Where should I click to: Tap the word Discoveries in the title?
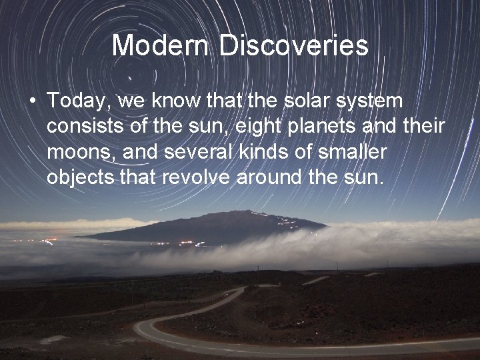click(x=294, y=46)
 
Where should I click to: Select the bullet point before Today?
click(x=32, y=101)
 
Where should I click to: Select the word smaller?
click(x=353, y=153)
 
